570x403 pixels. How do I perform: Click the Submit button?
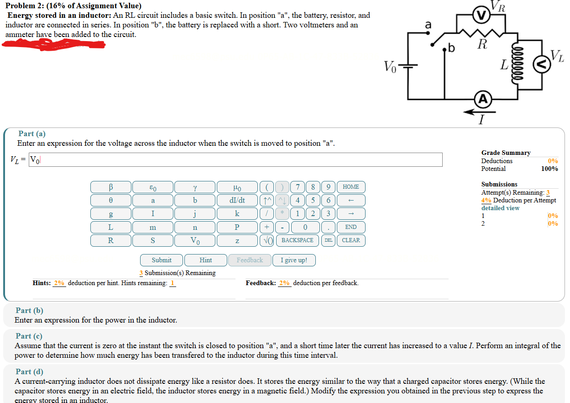point(162,260)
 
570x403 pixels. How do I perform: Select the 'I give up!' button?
point(293,260)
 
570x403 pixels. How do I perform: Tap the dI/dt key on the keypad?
point(237,200)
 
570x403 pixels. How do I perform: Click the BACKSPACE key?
point(297,240)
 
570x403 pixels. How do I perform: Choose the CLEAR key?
point(350,240)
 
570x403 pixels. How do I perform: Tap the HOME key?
point(350,187)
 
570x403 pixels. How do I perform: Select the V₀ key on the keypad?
point(194,240)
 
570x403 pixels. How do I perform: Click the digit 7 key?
point(298,187)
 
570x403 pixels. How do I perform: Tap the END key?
point(350,227)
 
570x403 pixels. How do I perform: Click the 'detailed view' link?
point(500,208)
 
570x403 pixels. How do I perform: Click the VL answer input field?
point(235,160)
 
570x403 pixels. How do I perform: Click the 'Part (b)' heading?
point(29,310)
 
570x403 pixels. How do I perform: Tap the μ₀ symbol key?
point(237,187)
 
